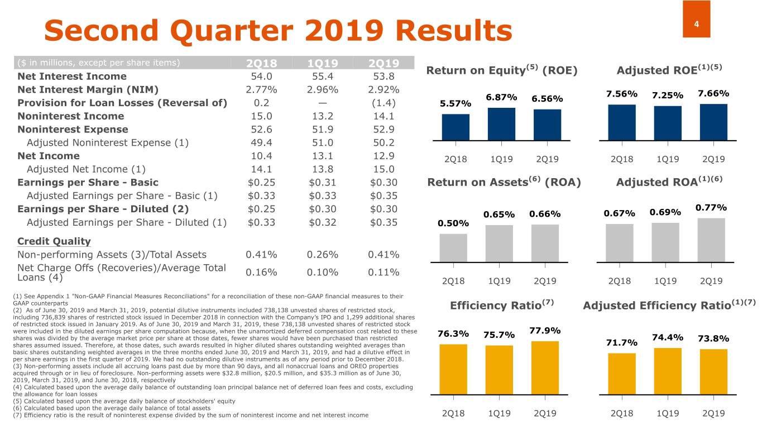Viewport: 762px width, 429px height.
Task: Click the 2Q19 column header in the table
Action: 383,63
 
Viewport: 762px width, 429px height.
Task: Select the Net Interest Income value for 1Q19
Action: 322,77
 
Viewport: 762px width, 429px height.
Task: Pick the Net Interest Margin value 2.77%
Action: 261,90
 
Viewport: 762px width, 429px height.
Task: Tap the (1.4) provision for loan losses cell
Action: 383,103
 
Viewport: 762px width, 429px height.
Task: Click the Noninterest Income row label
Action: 70,116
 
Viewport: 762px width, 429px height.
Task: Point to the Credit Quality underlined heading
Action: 54,241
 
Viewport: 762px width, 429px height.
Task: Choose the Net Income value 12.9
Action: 383,156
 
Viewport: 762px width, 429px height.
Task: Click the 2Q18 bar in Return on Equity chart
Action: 456,127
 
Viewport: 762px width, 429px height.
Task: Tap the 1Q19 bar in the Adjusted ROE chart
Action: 668,123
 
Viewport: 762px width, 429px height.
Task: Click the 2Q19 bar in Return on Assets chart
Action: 545,243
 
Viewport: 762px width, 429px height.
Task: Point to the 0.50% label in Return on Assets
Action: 454,223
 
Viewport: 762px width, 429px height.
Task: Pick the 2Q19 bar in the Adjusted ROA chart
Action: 711,240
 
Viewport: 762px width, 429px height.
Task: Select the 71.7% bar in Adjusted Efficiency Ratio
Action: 622,373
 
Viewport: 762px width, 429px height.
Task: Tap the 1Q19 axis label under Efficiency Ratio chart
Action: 501,413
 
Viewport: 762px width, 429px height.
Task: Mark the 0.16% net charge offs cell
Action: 261,272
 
